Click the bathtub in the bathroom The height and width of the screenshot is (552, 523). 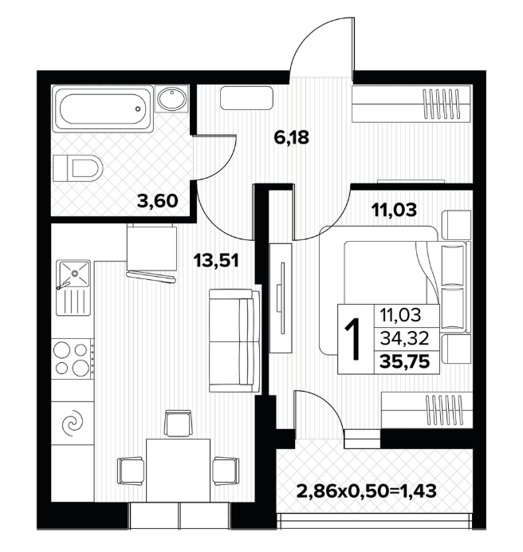(102, 108)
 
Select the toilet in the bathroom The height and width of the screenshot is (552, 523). (77, 168)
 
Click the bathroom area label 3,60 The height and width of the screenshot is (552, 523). (157, 201)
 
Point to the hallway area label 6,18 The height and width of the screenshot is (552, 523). (292, 137)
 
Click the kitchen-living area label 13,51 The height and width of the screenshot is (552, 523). (216, 261)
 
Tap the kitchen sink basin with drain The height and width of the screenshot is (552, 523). (73, 273)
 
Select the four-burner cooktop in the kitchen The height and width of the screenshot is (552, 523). (73, 359)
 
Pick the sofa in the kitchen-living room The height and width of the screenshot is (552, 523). (234, 341)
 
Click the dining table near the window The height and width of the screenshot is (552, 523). (178, 471)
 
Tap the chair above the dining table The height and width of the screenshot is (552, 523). (178, 423)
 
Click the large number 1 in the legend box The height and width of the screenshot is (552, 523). (353, 339)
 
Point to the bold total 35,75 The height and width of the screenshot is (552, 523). (405, 361)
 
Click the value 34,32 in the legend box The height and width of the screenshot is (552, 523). (404, 338)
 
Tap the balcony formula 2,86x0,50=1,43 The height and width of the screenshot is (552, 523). (367, 491)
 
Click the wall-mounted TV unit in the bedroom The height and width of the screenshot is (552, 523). (281, 298)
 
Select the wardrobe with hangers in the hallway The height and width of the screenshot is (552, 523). (411, 104)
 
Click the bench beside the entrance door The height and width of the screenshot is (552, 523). (246, 98)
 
